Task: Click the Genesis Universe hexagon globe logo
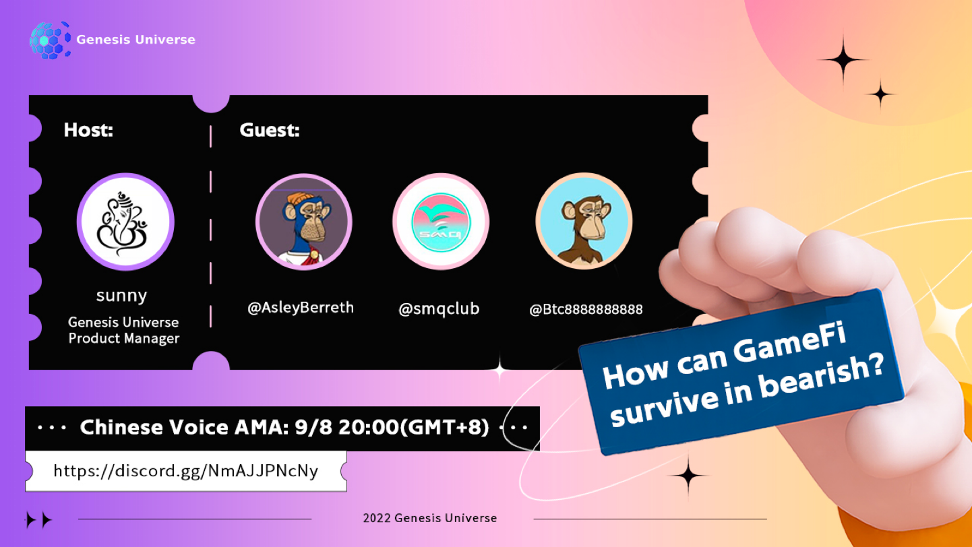[x=50, y=40]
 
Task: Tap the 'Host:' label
[x=88, y=130]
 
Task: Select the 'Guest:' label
[x=270, y=130]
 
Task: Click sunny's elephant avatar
[x=125, y=222]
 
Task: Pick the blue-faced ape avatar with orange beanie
[x=304, y=222]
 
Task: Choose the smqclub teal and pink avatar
[x=441, y=222]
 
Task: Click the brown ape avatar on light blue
[x=584, y=222]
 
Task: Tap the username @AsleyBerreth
[x=301, y=308]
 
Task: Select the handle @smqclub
[x=439, y=309]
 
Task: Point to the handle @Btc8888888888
[x=586, y=309]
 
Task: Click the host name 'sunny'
[x=121, y=296]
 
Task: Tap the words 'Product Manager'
[x=123, y=338]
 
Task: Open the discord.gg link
[x=186, y=471]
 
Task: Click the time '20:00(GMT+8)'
[x=414, y=428]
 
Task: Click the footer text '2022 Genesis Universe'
[x=430, y=518]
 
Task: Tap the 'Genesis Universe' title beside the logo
[x=135, y=40]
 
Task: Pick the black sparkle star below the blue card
[x=688, y=476]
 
